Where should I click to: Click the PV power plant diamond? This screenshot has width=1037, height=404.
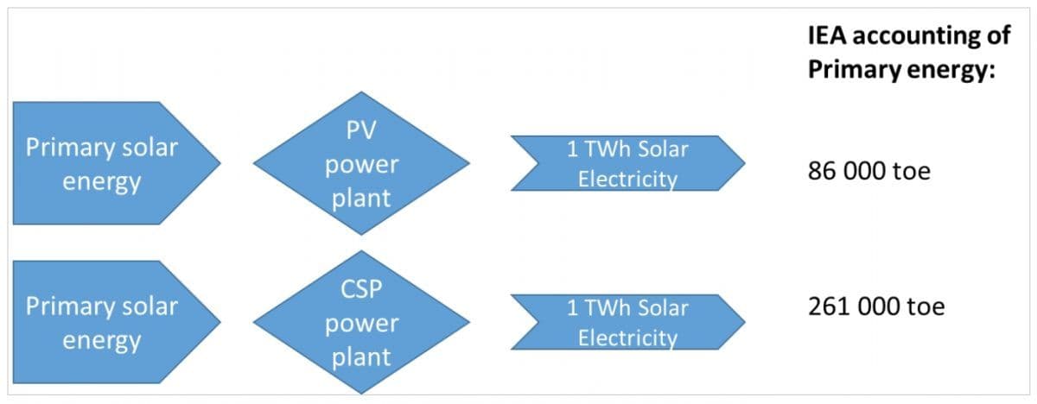coord(361,163)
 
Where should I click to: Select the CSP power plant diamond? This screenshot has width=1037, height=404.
coord(361,322)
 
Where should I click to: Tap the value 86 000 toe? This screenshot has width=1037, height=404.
coord(868,171)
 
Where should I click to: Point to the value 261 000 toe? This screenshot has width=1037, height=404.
coord(876,306)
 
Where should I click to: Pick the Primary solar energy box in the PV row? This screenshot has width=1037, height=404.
coord(108,163)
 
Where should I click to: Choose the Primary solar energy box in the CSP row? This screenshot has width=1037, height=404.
coord(108,322)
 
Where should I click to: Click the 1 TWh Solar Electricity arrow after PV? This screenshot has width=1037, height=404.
coord(627,163)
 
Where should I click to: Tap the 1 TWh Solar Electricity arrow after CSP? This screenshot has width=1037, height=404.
coord(627,322)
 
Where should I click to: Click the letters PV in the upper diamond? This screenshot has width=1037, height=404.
coord(361,131)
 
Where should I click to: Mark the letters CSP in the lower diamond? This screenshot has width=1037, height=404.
coord(361,290)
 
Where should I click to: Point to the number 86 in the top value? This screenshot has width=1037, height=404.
coord(822,171)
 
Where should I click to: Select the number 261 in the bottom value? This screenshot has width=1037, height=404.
coord(829,306)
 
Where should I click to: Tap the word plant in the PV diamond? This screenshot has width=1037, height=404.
coord(361,198)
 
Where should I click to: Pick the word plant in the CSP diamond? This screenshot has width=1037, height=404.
coord(361,357)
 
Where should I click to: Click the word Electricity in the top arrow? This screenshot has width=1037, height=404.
coord(627,179)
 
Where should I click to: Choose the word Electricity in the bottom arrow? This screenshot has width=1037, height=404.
coord(627,338)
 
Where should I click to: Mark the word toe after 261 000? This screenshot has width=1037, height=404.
coord(926,306)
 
